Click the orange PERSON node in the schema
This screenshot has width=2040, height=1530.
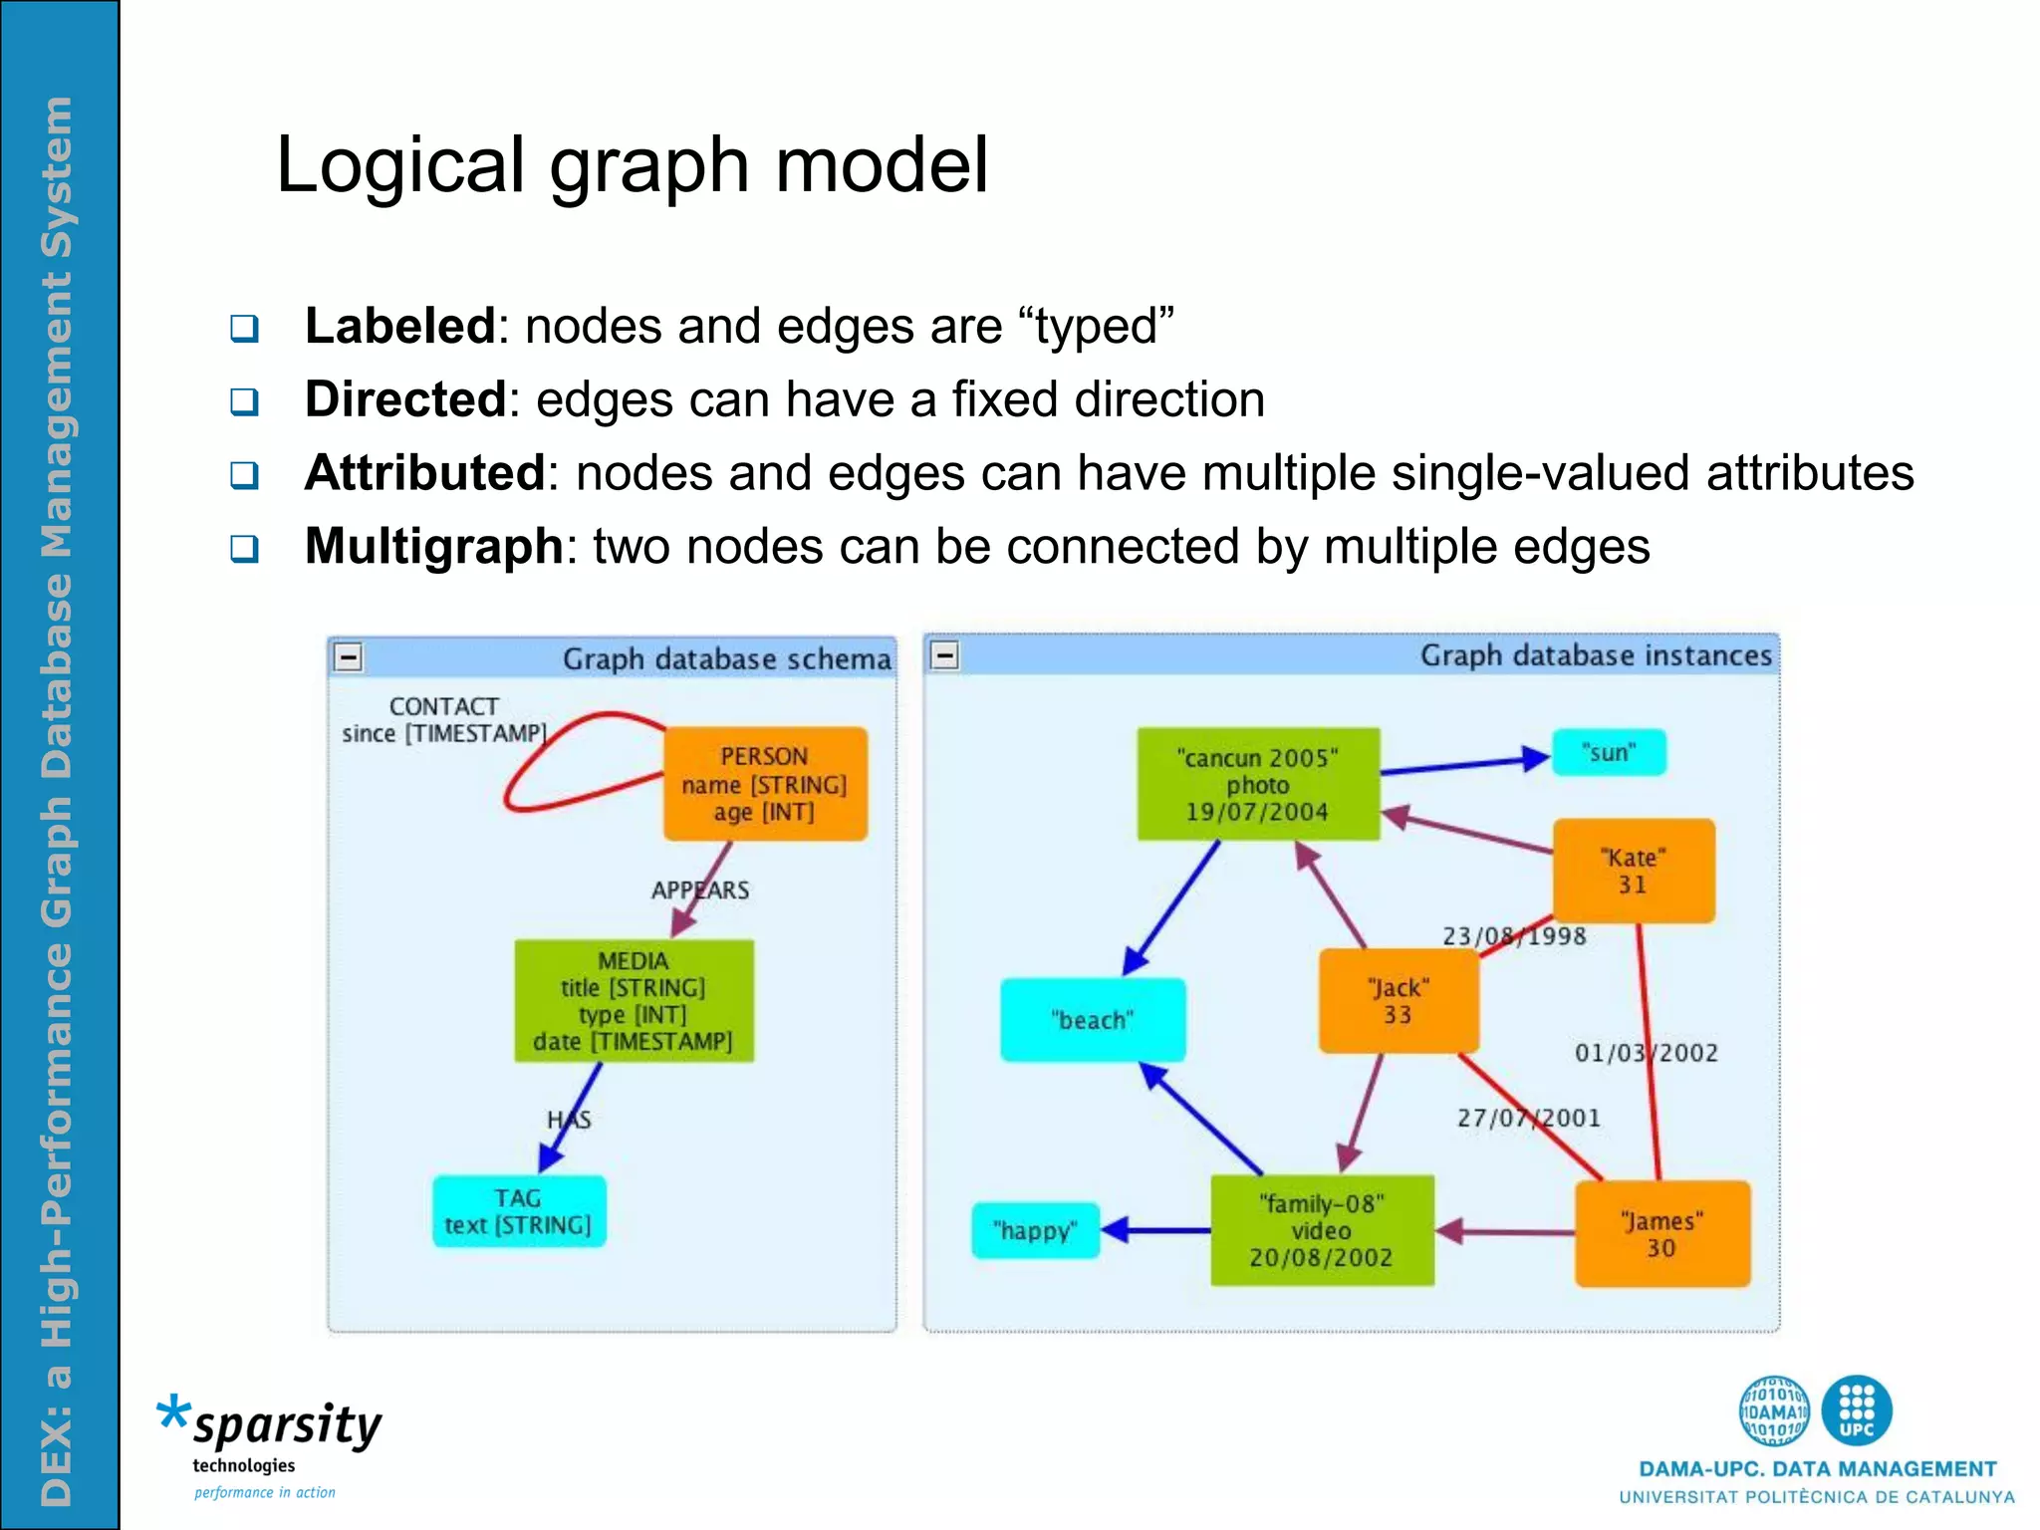[765, 784]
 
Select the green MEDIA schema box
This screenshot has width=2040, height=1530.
[634, 1000]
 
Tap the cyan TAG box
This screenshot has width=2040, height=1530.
[518, 1211]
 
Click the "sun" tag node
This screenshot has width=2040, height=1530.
[1609, 752]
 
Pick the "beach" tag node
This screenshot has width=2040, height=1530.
[1093, 1019]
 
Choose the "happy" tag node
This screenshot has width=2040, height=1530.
[1035, 1230]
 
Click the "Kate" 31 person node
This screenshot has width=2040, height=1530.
[1634, 871]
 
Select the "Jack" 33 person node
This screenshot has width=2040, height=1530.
[1398, 1000]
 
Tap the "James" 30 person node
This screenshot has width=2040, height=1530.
[1661, 1234]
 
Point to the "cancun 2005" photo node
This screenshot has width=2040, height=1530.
[1258, 784]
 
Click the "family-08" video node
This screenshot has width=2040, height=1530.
[1322, 1230]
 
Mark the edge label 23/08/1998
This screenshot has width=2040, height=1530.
[1514, 936]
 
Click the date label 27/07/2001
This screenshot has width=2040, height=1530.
[1529, 1118]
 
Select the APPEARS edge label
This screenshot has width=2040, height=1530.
[700, 891]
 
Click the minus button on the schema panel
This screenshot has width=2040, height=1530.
[349, 657]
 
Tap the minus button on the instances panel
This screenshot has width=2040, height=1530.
[944, 655]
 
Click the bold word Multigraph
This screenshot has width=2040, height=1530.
[434, 546]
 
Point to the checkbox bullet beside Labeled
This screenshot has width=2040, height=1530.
[244, 328]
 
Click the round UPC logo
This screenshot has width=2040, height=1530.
[1856, 1409]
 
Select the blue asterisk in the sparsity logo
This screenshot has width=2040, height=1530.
[173, 1412]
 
